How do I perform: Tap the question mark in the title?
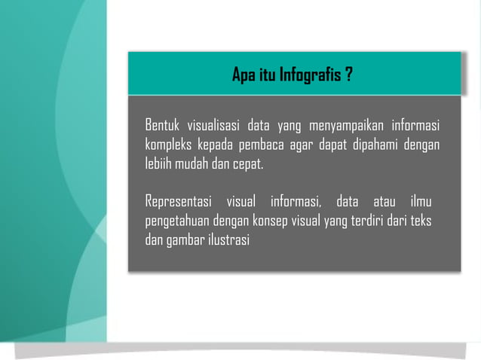pos(350,76)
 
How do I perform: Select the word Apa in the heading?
pos(244,76)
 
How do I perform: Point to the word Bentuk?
pos(164,124)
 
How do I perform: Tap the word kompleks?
pos(167,143)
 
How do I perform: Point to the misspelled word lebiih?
pos(158,163)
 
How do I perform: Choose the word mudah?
pos(194,163)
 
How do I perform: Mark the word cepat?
pos(249,163)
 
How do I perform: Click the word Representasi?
pos(178,202)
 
